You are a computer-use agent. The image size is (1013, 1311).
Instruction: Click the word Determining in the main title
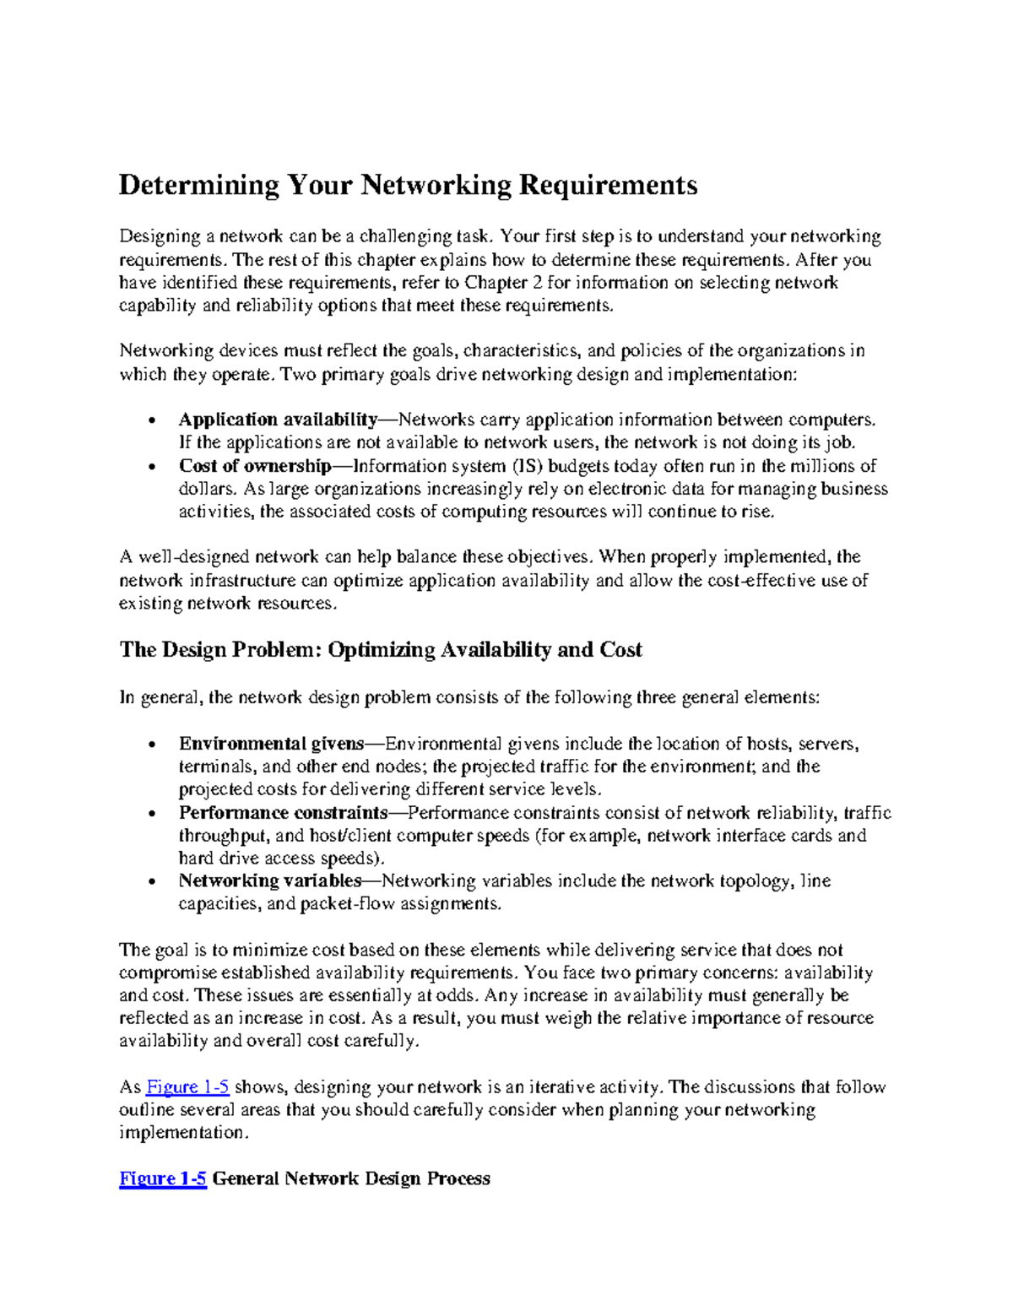click(x=198, y=186)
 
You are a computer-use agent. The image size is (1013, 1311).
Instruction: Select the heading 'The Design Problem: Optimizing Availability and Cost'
click(x=380, y=650)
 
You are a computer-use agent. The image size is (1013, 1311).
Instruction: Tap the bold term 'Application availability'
click(x=278, y=420)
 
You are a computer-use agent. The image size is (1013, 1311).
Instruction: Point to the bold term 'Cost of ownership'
click(x=255, y=466)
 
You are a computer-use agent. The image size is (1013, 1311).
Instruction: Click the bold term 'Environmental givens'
click(x=271, y=744)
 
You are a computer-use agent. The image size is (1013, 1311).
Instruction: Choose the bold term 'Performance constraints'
click(x=283, y=813)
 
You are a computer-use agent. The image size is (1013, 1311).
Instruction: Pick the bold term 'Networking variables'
click(x=270, y=880)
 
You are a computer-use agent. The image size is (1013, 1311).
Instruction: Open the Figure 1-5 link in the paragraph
click(x=187, y=1087)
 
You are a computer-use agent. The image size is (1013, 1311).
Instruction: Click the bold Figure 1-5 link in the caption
click(x=163, y=1179)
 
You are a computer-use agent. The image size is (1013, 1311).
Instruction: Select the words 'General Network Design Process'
click(x=350, y=1179)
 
